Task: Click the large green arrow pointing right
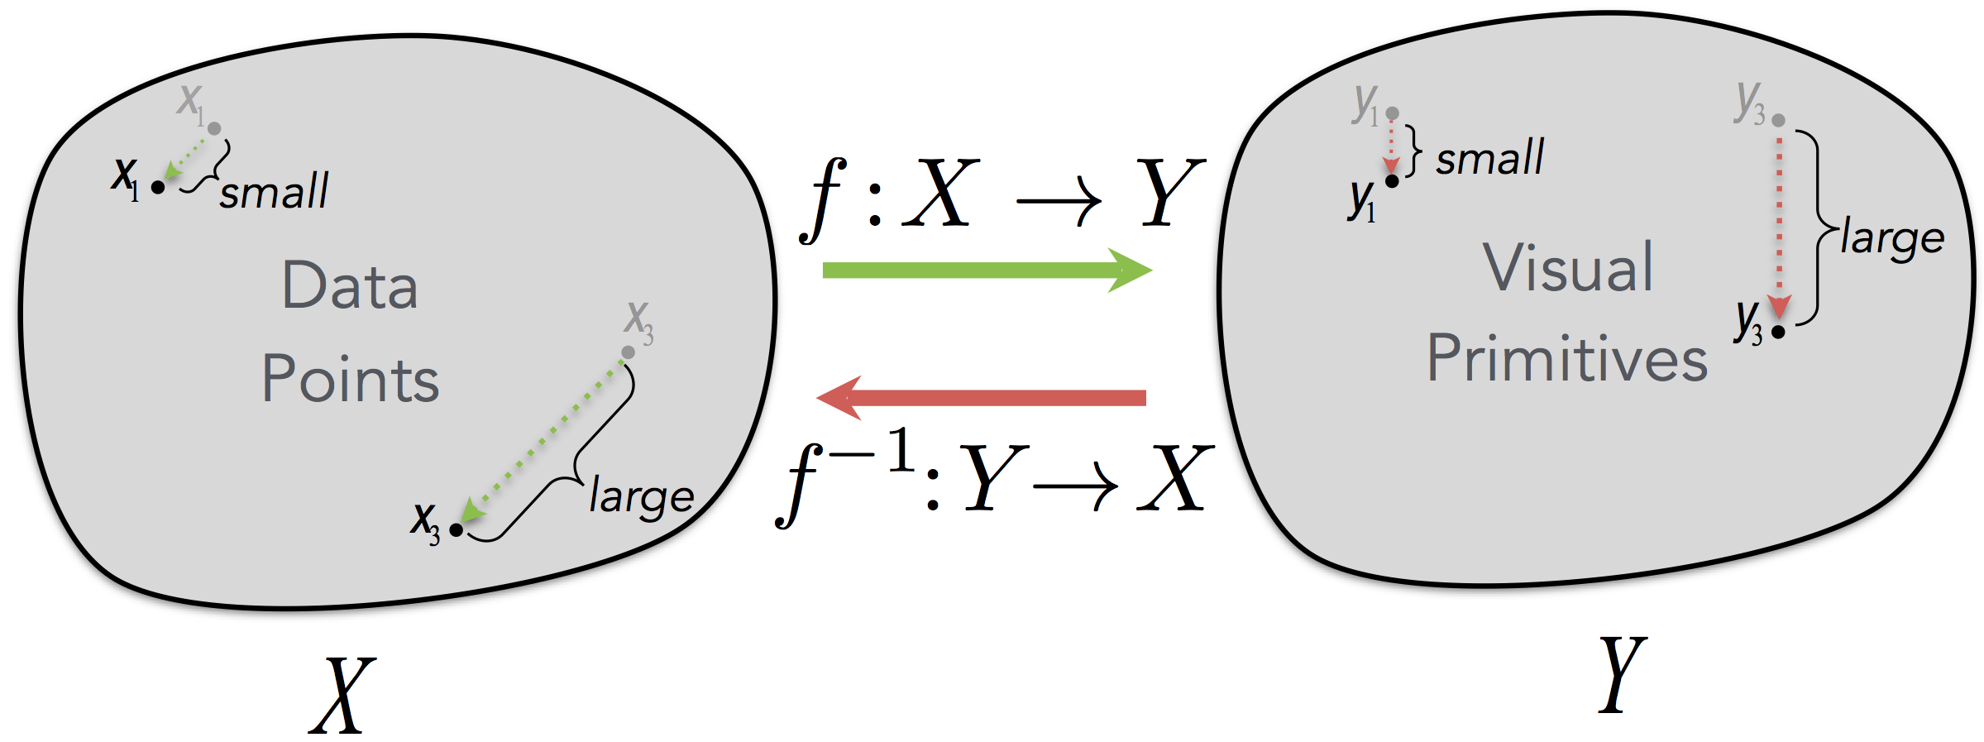click(984, 270)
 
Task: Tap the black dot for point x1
click(158, 187)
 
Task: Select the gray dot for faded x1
click(214, 128)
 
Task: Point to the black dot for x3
click(456, 529)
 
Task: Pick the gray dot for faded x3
click(629, 352)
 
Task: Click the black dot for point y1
click(1392, 181)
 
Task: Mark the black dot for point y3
click(1778, 332)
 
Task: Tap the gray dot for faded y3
click(1779, 121)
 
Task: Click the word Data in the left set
click(350, 285)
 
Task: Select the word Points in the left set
click(351, 379)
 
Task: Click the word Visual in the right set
click(1568, 268)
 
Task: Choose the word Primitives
click(1567, 358)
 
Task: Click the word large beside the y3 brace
click(1892, 238)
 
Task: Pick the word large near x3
click(641, 496)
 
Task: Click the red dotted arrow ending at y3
click(1779, 223)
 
